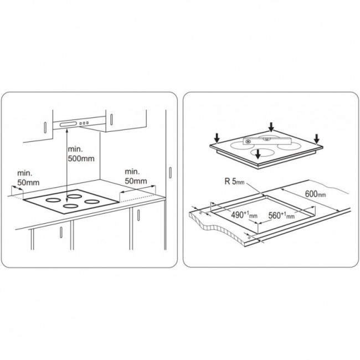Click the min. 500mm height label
pyautogui.click(x=81, y=154)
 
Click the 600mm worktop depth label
pyautogui.click(x=315, y=194)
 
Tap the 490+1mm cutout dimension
pyautogui.click(x=244, y=215)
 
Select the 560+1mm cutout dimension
pyautogui.click(x=281, y=215)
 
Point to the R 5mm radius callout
pyautogui.click(x=234, y=182)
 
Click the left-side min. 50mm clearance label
pyautogui.click(x=28, y=178)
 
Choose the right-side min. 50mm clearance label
pyautogui.click(x=136, y=176)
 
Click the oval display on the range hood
pyautogui.click(x=68, y=124)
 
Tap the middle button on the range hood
pyautogui.click(x=84, y=124)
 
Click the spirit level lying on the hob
pyautogui.click(x=267, y=141)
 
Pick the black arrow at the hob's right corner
pyautogui.click(x=317, y=138)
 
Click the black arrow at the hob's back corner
pyautogui.click(x=271, y=127)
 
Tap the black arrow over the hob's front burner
pyautogui.click(x=258, y=154)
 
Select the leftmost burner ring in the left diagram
pyautogui.click(x=53, y=200)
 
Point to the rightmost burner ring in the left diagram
pyautogui.click(x=92, y=202)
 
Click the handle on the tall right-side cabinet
pyautogui.click(x=170, y=172)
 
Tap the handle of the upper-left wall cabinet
pyautogui.click(x=45, y=127)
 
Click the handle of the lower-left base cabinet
pyautogui.click(x=61, y=232)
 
